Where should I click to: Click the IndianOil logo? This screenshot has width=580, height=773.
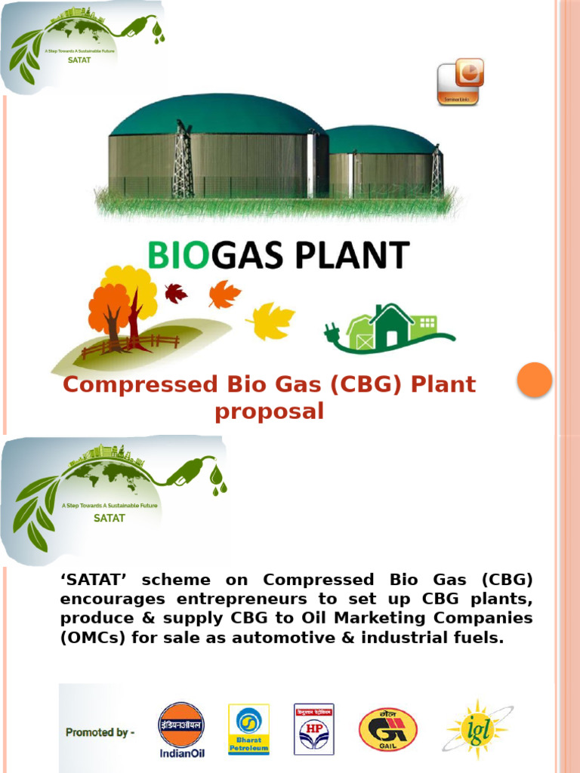point(180,729)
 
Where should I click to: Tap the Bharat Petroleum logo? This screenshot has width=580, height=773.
point(248,729)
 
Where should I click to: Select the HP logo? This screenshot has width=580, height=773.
point(313,729)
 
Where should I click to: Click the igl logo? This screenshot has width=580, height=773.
point(477,729)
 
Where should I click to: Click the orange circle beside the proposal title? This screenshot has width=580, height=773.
point(535,380)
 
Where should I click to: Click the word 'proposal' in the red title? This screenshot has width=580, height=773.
point(269,412)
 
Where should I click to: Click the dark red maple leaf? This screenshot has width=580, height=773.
point(176,293)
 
